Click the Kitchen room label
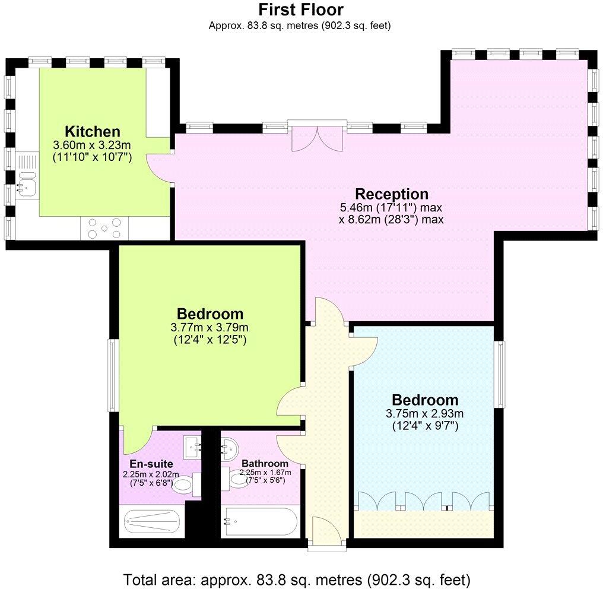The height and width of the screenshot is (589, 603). tap(93, 132)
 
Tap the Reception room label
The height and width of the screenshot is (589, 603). tap(391, 194)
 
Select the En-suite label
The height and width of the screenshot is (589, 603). tap(151, 464)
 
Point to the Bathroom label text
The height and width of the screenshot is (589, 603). tap(265, 463)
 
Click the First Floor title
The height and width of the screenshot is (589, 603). tap(300, 10)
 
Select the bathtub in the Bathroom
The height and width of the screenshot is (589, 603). tap(259, 522)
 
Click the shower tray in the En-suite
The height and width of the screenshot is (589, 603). tap(151, 522)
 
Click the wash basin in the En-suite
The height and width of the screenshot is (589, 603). tap(192, 446)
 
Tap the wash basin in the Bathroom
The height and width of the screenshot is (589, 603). tap(230, 446)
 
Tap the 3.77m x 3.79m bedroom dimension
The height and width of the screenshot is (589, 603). tap(209, 327)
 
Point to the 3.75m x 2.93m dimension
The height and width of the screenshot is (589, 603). tap(424, 414)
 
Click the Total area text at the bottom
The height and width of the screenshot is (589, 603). tap(297, 578)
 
